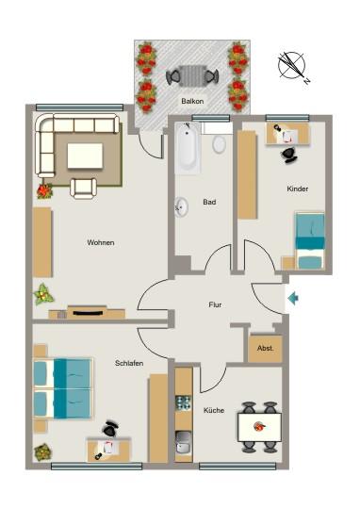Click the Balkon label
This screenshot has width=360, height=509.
click(x=192, y=99)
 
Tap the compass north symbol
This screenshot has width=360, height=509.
click(x=292, y=66)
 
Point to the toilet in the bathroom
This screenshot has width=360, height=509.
click(x=219, y=144)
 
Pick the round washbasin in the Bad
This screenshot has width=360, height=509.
click(x=181, y=206)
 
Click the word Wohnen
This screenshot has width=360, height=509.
click(x=101, y=242)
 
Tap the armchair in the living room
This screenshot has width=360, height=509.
click(x=84, y=186)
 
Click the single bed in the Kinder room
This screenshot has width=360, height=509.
click(x=310, y=240)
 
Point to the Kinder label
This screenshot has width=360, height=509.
click(x=298, y=189)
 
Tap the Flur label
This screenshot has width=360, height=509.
click(x=215, y=305)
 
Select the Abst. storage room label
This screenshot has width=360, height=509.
click(x=266, y=349)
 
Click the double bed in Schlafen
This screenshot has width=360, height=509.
click(x=62, y=387)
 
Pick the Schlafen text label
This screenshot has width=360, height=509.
click(x=129, y=363)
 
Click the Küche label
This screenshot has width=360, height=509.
click(x=214, y=410)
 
